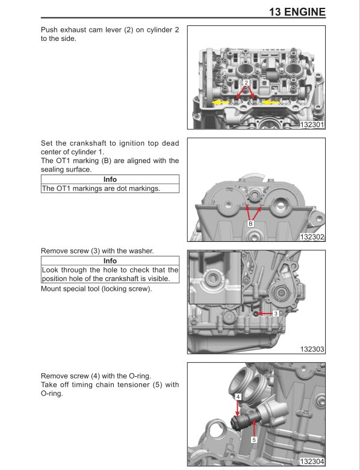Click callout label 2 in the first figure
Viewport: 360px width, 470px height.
246,82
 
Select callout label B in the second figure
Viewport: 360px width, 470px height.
251,223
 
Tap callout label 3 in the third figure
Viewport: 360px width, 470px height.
275,314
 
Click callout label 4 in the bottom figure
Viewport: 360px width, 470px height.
238,397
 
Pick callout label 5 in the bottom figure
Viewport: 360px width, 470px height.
253,440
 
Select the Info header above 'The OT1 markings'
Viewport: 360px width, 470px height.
110,179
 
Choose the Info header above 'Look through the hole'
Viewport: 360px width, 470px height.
110,261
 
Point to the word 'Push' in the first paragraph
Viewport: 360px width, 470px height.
50,29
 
